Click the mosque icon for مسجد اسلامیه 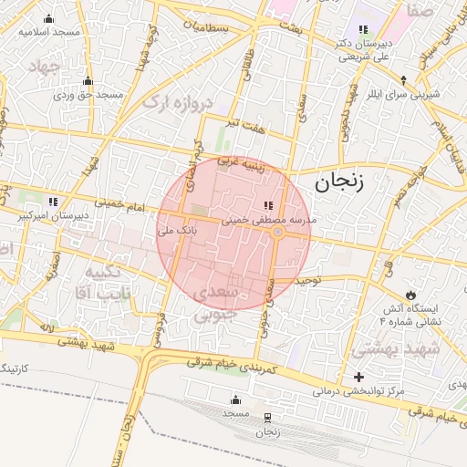tap(48, 18)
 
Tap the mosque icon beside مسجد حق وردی tap(88, 81)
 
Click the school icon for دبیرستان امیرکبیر tap(54, 202)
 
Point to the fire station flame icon tap(411, 295)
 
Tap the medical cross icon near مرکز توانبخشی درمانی tap(358, 377)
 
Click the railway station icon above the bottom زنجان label tap(267, 418)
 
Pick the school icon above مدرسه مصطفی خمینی tap(268, 205)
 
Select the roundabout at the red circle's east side tap(278, 233)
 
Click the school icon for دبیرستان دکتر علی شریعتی tap(363, 30)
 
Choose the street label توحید tap(310, 282)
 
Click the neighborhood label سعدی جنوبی tap(217, 303)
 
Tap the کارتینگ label tap(17, 367)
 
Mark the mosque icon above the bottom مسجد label tap(236, 400)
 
